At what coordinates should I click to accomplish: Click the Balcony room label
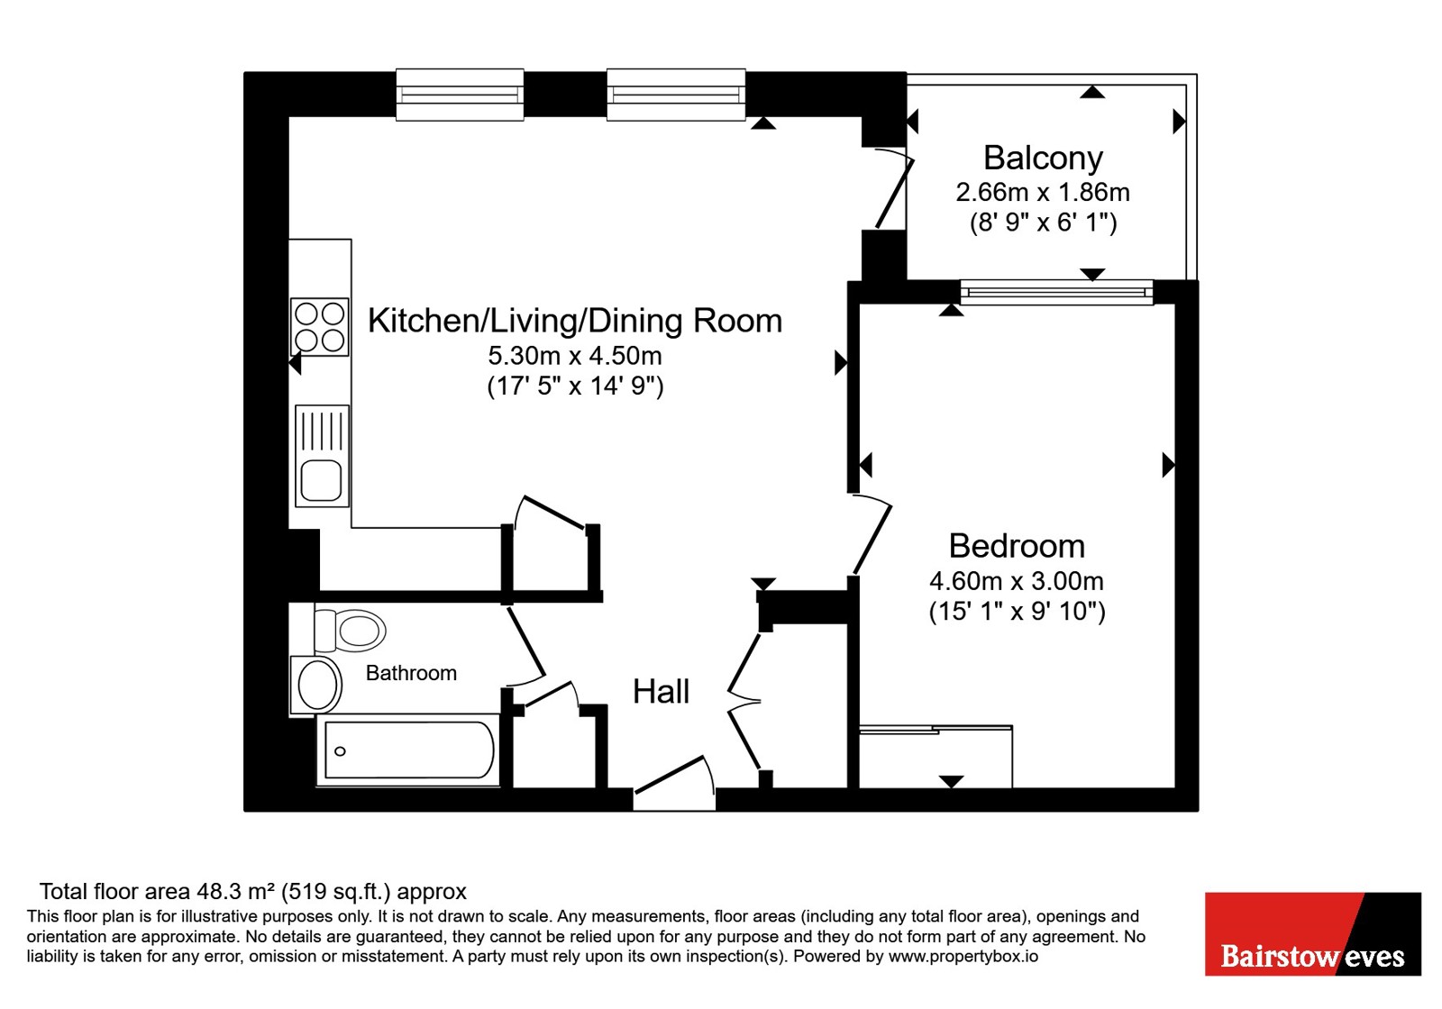(1043, 159)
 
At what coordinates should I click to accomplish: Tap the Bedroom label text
(1018, 546)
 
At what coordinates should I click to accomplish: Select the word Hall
(662, 692)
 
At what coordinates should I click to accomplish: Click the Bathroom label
(411, 673)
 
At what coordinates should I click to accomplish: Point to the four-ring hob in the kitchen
(319, 327)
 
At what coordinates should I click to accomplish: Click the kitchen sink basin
(321, 481)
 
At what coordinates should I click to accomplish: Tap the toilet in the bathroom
(350, 631)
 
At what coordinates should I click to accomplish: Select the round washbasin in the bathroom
(316, 685)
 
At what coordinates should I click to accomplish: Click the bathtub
(408, 750)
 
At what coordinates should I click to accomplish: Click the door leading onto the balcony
(893, 188)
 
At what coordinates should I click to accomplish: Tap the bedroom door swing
(872, 533)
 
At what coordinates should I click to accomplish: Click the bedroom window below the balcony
(1056, 293)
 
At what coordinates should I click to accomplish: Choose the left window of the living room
(460, 95)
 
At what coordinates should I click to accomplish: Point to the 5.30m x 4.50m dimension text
(575, 355)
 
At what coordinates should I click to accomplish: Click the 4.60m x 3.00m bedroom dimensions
(1017, 581)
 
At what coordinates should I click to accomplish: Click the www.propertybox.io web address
(963, 956)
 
